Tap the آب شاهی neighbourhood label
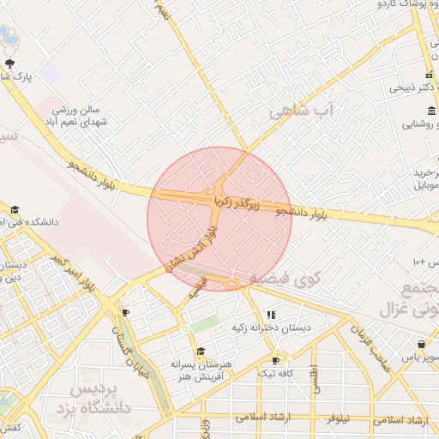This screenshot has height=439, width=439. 299,111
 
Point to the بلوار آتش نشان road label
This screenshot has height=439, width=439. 193,249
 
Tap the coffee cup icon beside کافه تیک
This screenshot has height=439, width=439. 275,360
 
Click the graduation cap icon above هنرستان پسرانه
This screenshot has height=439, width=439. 201,351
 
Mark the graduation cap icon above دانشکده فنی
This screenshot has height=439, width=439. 15,209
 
